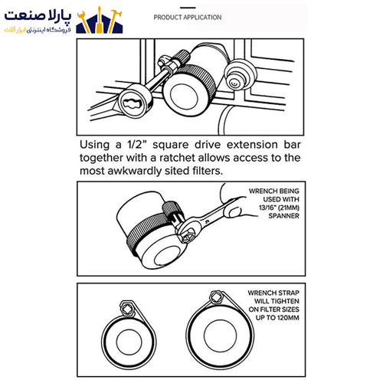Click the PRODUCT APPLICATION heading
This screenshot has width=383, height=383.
pyautogui.click(x=188, y=18)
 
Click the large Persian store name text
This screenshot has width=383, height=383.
pyautogui.click(x=38, y=16)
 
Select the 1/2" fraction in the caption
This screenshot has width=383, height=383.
pyautogui.click(x=137, y=145)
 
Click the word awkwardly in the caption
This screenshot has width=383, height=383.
pyautogui.click(x=135, y=171)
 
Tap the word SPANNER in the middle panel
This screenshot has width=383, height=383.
pyautogui.click(x=283, y=216)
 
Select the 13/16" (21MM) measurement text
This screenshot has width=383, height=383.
pyautogui.click(x=279, y=208)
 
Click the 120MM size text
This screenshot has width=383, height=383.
pyautogui.click(x=287, y=318)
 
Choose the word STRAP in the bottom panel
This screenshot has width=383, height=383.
pyautogui.click(x=288, y=293)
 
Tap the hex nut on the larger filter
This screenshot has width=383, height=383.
pyautogui.click(x=217, y=297)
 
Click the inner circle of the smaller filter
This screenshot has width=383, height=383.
pyautogui.click(x=129, y=342)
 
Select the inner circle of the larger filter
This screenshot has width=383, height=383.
pyautogui.click(x=220, y=336)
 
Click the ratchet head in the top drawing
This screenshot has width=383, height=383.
pyautogui.click(x=133, y=101)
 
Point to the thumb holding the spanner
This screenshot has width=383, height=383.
pyautogui.click(x=235, y=212)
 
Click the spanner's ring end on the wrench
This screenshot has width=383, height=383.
pyautogui.click(x=186, y=231)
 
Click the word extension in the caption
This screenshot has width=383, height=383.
pyautogui.click(x=252, y=145)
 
